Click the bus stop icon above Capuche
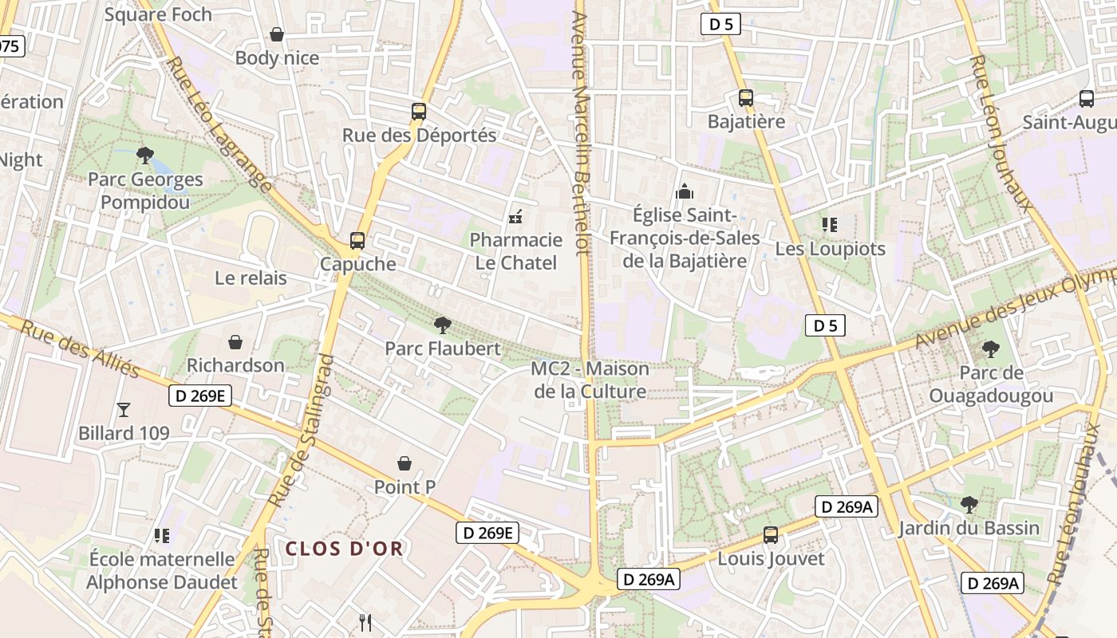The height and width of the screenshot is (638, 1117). pos(357,240)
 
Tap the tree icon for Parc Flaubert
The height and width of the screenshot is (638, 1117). pos(442,325)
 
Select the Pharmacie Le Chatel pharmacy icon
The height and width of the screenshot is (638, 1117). pos(515,216)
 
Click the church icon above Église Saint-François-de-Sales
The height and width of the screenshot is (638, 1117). pos(684,191)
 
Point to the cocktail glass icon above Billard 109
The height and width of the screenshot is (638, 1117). pos(124,410)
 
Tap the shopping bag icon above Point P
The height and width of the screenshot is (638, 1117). pos(405,463)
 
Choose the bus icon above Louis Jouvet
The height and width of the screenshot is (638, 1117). pos(770,535)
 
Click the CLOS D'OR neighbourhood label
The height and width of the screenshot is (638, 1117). pos(345,549)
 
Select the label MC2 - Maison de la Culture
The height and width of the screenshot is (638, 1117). pos(590,380)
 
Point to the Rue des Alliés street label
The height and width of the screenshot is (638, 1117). pos(80,349)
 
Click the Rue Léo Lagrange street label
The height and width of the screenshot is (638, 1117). pos(219,124)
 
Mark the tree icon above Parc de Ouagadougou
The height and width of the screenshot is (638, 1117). pos(991,349)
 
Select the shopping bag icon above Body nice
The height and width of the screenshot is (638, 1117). pos(277,34)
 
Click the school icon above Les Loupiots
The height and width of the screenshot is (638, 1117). pos(830,225)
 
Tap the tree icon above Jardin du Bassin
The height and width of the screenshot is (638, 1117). pos(969,504)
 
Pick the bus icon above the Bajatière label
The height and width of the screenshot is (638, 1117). pos(746,98)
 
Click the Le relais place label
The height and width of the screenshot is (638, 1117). pos(251,278)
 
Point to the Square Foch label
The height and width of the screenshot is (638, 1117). pos(158,14)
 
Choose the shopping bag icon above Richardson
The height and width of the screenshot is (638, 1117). pos(235,342)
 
